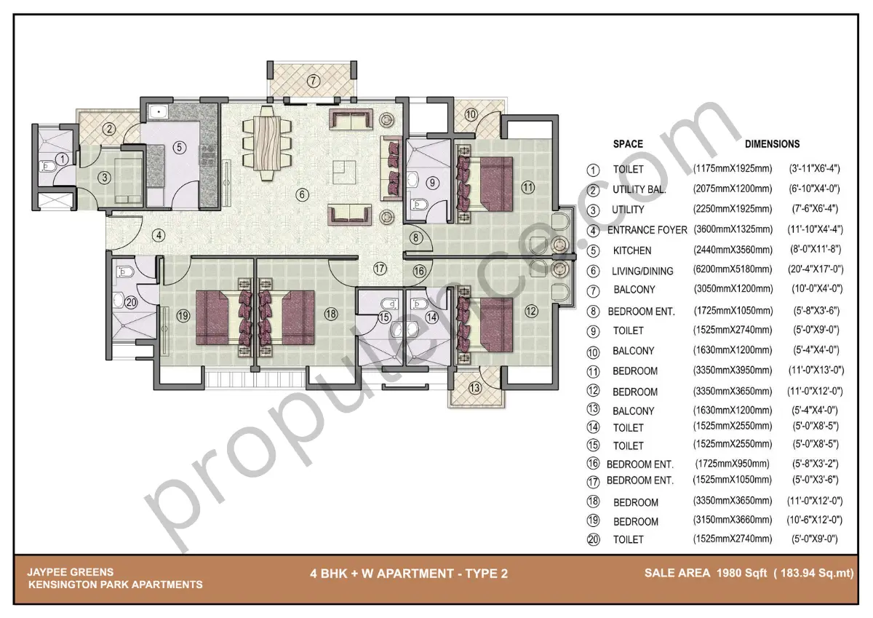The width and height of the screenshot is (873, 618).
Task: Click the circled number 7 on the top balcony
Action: (313, 81)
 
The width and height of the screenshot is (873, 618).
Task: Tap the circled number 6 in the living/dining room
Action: (303, 194)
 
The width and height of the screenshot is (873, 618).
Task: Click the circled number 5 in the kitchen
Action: (179, 146)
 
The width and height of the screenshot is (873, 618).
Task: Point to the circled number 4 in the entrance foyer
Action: (159, 235)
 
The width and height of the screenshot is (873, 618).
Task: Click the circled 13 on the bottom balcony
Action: (475, 387)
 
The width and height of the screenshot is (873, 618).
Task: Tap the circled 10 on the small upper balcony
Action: (471, 114)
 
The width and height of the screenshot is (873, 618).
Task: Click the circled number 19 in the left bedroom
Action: (182, 315)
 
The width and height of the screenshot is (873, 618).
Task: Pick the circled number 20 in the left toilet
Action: (131, 303)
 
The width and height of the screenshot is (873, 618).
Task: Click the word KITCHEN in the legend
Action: (631, 250)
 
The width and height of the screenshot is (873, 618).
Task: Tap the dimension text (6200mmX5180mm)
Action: (733, 269)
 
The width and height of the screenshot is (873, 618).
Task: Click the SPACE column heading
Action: (627, 144)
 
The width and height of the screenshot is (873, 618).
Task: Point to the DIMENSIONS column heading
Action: (772, 144)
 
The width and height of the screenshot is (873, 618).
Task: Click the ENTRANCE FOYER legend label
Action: (647, 230)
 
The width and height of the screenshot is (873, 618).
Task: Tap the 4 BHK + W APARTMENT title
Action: (408, 574)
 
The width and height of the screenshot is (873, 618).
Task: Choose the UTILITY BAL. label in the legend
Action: (639, 190)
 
